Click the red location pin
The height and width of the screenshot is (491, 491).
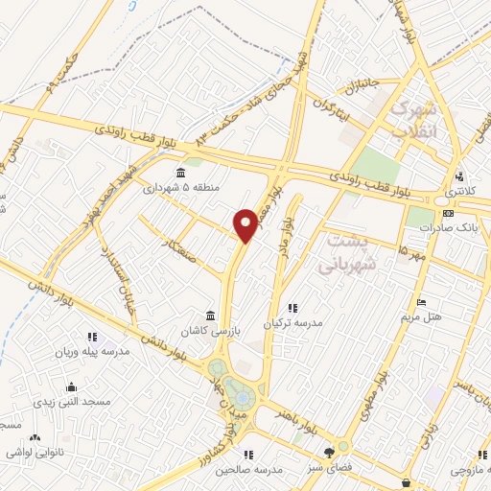(x=247, y=225)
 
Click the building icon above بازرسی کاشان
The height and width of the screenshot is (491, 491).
(x=209, y=316)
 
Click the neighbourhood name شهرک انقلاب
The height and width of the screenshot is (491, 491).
(x=415, y=118)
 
